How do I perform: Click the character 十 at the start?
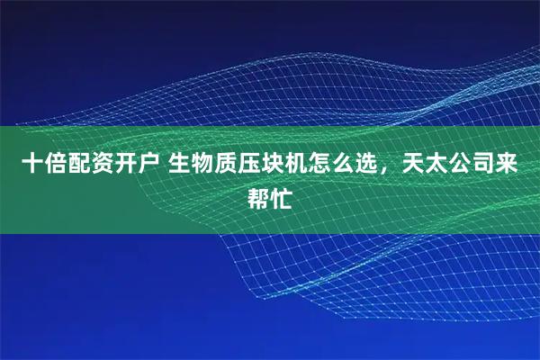click(x=32, y=164)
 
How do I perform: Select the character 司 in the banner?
click(x=485, y=164)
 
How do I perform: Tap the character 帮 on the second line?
click(x=258, y=196)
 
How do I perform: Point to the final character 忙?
click(x=282, y=196)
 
